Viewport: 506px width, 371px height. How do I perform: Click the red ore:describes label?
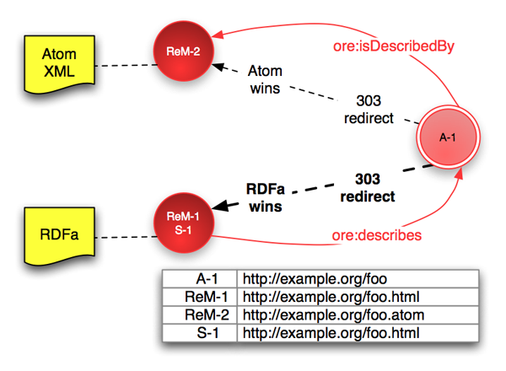(378, 235)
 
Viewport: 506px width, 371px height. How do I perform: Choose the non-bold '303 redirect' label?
(369, 110)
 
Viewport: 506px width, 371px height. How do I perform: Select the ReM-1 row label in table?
(200, 297)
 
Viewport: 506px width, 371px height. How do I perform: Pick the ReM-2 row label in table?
(200, 315)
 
